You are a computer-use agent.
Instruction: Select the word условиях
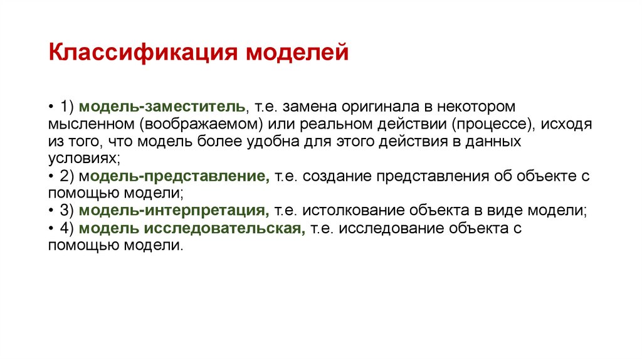[81, 159]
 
